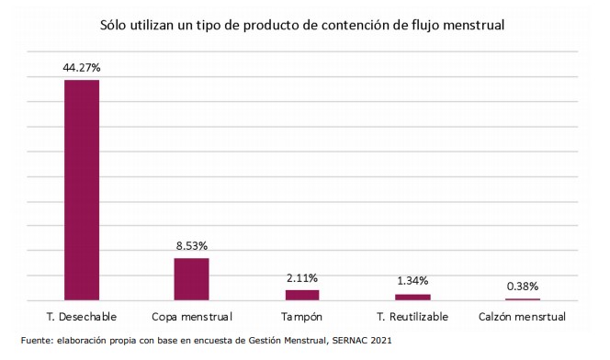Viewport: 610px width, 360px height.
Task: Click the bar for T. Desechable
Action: (82, 190)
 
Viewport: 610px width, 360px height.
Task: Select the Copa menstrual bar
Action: (191, 279)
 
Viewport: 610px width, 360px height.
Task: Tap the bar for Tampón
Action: (302, 295)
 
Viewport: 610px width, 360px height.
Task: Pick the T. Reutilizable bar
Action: (412, 298)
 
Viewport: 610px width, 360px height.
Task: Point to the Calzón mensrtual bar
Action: (523, 299)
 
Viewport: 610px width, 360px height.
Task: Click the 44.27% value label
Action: (82, 68)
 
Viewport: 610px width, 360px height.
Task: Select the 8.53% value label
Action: (192, 246)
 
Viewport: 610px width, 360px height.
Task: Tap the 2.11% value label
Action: (302, 278)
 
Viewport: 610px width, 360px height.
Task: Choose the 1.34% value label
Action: (412, 281)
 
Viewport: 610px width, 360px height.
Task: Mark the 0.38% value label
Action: (523, 287)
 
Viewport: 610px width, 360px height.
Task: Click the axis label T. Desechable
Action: (82, 317)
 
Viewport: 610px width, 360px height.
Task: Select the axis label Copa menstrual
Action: (192, 317)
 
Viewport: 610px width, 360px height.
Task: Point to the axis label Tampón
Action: (302, 317)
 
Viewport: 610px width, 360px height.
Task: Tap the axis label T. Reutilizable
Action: (412, 317)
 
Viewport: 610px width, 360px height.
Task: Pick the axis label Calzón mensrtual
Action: (522, 317)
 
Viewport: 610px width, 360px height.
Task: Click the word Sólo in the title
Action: (113, 26)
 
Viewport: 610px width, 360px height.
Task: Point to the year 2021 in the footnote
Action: (381, 341)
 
